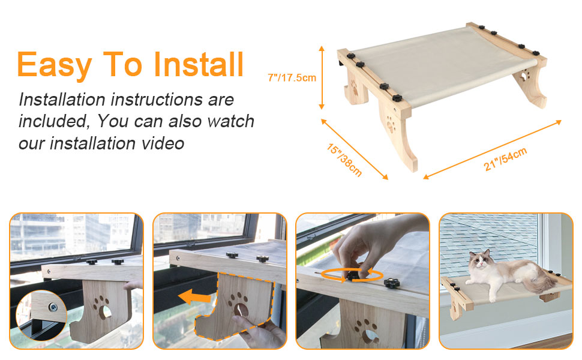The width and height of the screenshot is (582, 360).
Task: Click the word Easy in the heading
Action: (53, 64)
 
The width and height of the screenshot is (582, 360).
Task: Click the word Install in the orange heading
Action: (199, 64)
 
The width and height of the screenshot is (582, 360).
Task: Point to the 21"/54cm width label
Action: (505, 159)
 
